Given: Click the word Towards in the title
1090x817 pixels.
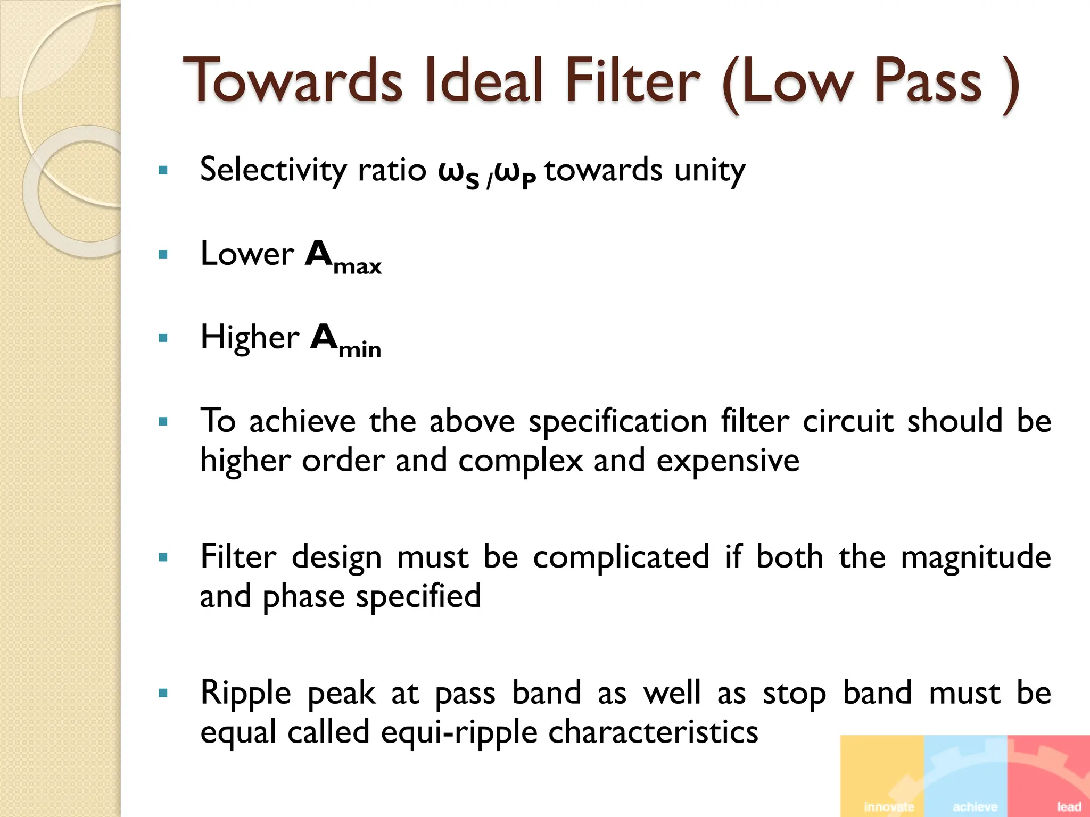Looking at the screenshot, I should pos(293,81).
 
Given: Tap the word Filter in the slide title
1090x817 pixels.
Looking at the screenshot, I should pos(633,81).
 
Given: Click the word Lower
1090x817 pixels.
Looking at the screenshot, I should pos(247,254).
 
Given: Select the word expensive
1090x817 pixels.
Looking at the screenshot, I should pos(728,461).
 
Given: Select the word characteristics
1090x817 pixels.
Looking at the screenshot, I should pos(653,732).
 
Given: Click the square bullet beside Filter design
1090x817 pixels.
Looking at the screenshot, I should pos(163,558).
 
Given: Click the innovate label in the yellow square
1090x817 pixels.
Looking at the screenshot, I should pos(889,806).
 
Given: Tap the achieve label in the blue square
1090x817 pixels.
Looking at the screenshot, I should pos(975,806).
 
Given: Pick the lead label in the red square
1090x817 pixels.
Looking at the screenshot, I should pos(1069,806).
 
